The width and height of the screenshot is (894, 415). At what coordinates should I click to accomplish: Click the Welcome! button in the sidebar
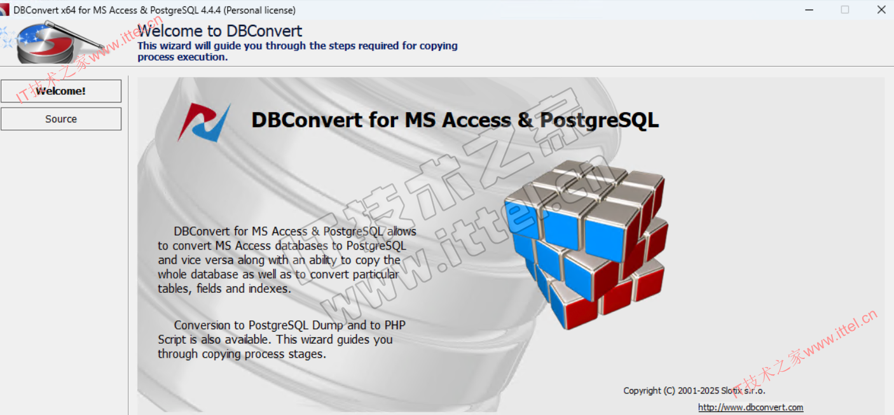coord(61,91)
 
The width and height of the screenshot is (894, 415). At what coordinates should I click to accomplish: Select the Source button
coord(61,119)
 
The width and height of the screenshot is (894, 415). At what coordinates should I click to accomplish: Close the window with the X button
coord(881,10)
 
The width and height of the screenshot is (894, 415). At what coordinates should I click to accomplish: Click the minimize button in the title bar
coord(809,10)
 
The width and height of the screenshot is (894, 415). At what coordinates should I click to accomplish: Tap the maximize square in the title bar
coord(845,10)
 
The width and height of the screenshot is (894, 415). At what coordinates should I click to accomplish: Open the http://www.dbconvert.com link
coord(750,407)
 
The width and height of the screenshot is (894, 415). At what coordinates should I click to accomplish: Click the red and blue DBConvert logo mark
coord(204,122)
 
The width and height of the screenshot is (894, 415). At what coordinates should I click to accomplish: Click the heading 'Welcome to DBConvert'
coord(220,31)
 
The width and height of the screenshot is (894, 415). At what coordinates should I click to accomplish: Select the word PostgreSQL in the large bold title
coord(599,120)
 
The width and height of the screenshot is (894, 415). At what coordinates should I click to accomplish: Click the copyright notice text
coord(694,391)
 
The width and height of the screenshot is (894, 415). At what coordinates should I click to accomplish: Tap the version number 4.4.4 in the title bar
coord(210,10)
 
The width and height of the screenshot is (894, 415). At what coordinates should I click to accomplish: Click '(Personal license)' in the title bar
coord(259,10)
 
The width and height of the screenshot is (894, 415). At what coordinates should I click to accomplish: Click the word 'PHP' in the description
coord(395,325)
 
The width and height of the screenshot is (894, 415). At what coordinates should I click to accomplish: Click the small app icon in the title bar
coord(4,10)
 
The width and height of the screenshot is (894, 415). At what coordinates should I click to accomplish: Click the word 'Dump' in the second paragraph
coord(327,325)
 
